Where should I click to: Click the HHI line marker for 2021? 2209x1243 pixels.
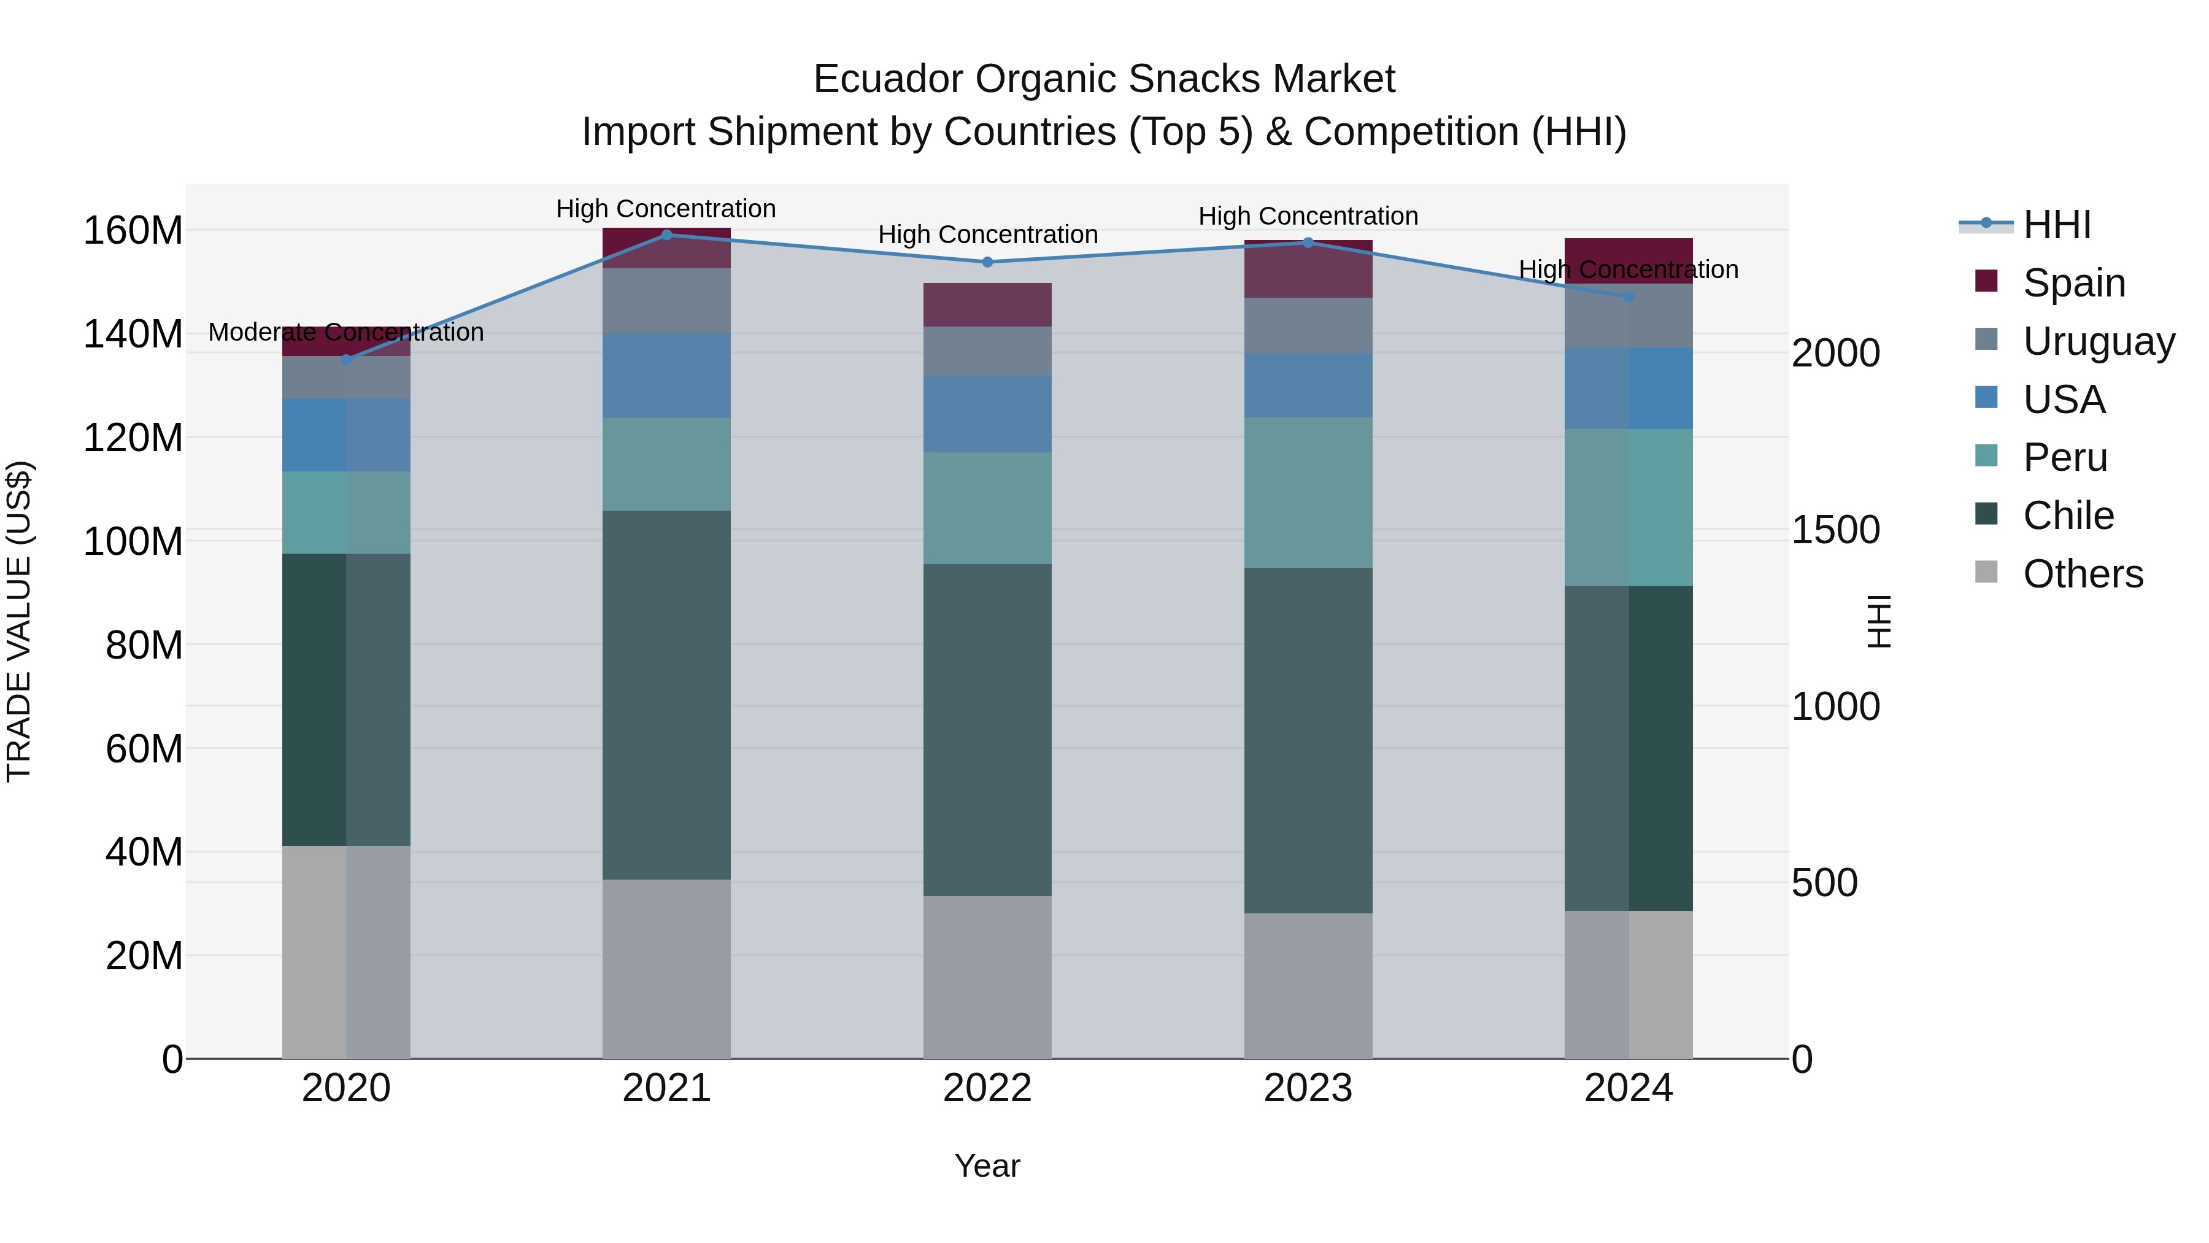[x=666, y=234]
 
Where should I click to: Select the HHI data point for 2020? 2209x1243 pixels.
[x=347, y=360]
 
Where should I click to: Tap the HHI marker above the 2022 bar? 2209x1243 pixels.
[x=987, y=261]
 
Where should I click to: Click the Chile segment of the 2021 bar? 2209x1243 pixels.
[x=666, y=695]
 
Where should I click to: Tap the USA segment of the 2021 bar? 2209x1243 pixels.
[x=666, y=376]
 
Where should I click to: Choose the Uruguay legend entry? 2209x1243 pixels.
[x=2099, y=341]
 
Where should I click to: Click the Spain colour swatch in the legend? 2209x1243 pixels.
[x=1986, y=281]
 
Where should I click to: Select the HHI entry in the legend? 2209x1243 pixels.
[x=2056, y=225]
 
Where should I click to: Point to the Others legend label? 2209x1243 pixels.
[x=2083, y=574]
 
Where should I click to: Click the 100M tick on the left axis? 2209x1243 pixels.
[x=133, y=541]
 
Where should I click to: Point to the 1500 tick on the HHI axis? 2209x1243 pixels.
[x=1836, y=530]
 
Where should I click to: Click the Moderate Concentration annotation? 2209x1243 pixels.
[x=347, y=332]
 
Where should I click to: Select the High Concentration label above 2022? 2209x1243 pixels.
[x=987, y=234]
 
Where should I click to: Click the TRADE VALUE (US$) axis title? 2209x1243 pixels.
[x=19, y=621]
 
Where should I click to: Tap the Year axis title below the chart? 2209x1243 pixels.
[x=987, y=1166]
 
